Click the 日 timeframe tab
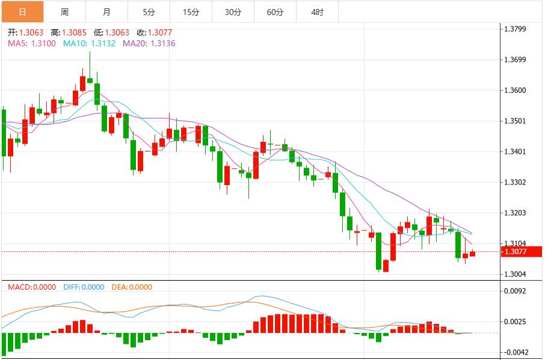click(22, 12)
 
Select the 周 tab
click(64, 12)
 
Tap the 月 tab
click(106, 12)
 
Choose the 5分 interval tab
click(149, 12)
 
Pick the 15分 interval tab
click(191, 12)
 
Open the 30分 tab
click(233, 12)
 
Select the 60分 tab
click(275, 12)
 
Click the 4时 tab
click(317, 12)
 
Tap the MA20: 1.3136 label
click(149, 43)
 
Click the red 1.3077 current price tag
click(518, 252)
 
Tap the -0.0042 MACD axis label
click(517, 352)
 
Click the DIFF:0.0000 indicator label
click(84, 287)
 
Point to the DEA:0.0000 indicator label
click(132, 287)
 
